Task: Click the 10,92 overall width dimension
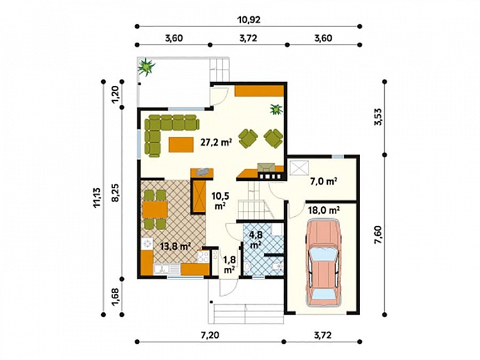249,20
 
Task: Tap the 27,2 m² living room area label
216,142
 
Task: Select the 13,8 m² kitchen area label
176,246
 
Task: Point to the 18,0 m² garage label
324,210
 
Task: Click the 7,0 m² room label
324,181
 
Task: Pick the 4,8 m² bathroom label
255,240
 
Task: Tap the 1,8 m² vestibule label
229,264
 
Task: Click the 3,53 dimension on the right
378,117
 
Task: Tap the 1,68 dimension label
116,296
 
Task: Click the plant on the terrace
146,66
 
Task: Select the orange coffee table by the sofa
181,145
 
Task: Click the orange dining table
155,210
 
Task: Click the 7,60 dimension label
378,235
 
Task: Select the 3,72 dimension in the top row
248,38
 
